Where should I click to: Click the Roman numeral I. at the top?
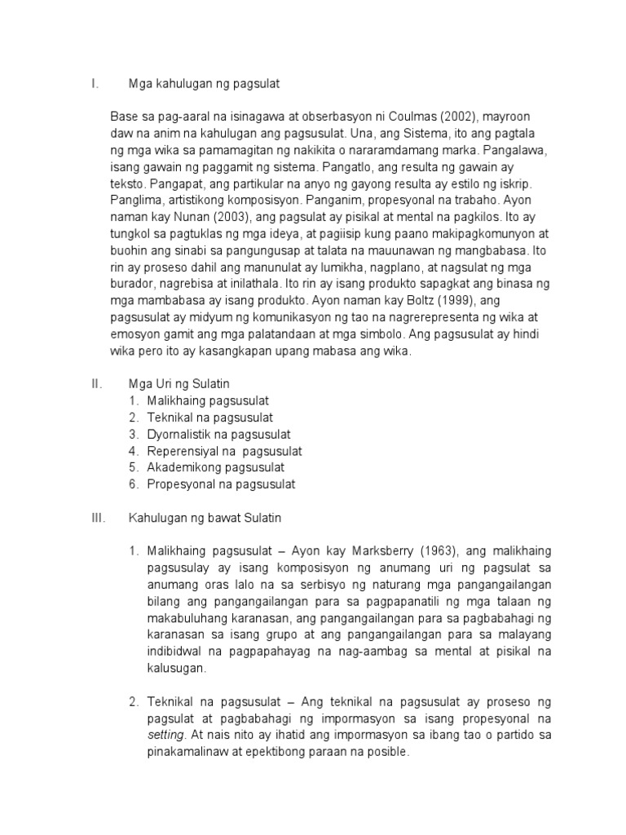pos(95,83)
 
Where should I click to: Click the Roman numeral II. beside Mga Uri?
pos(96,383)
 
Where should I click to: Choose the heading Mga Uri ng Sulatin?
pos(181,383)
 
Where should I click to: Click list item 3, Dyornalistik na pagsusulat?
pos(218,434)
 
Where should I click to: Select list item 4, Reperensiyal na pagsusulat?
pos(224,451)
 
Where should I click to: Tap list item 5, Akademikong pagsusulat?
pos(215,467)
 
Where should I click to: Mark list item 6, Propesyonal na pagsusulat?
pos(221,484)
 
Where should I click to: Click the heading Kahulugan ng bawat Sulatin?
pos(205,518)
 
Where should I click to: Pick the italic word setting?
pos(167,735)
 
